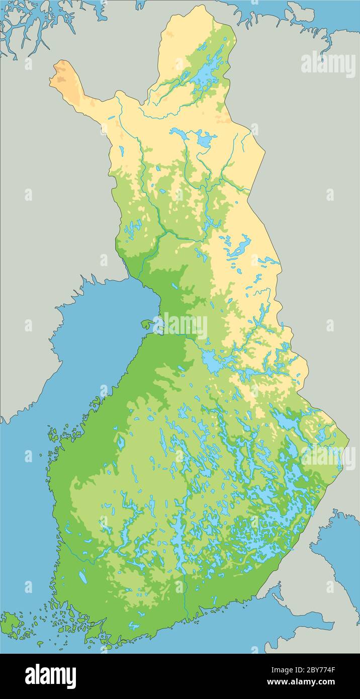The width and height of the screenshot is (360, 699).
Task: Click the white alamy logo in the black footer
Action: pyautogui.click(x=51, y=676)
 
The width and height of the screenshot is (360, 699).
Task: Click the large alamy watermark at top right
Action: pyautogui.click(x=328, y=64)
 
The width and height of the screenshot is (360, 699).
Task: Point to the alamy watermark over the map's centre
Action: pyautogui.click(x=180, y=326)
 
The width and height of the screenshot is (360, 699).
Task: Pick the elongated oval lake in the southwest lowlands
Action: pyautogui.click(x=83, y=579)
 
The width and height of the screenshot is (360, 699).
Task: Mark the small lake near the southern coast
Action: pyautogui.click(x=133, y=626)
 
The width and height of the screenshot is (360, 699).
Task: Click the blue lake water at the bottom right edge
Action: pyautogui.click(x=342, y=553)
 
